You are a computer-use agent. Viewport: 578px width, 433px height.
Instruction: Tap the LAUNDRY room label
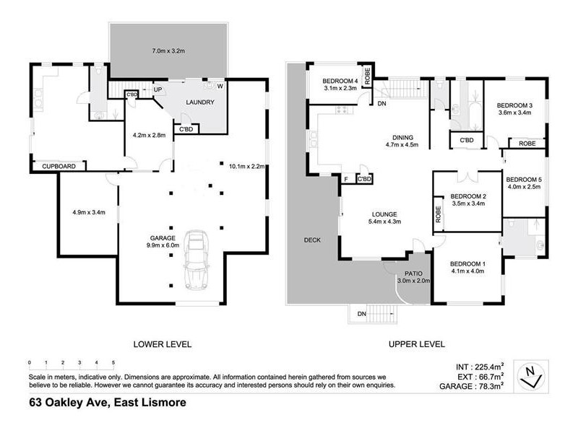tap(200, 102)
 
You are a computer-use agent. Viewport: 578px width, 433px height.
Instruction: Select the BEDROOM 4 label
tap(340, 80)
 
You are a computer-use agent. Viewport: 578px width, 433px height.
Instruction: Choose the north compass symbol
tap(534, 372)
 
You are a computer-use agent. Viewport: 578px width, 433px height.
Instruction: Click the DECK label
tap(312, 240)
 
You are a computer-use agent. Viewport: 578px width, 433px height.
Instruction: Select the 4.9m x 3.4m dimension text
tap(88, 212)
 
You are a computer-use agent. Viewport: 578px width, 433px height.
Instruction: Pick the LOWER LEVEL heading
tap(163, 344)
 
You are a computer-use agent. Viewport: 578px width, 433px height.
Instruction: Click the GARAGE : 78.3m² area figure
tap(474, 387)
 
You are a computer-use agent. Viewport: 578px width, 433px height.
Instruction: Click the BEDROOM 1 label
tap(467, 264)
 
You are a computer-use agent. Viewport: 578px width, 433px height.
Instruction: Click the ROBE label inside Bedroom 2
tap(438, 214)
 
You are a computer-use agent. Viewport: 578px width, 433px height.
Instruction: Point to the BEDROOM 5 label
tap(524, 180)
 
